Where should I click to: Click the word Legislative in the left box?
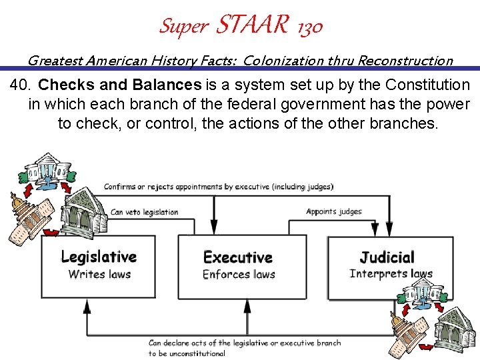click(x=99, y=257)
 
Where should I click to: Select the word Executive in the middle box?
click(x=237, y=257)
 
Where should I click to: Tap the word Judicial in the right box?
click(x=387, y=257)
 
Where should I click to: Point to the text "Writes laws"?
click(x=99, y=274)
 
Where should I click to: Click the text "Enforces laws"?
click(x=239, y=274)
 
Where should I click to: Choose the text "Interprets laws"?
click(x=391, y=273)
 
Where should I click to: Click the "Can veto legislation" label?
click(x=145, y=212)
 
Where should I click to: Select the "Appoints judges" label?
click(x=334, y=211)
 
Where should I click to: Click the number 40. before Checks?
click(x=22, y=85)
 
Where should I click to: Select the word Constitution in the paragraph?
click(x=429, y=85)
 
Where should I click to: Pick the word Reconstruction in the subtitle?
click(x=405, y=61)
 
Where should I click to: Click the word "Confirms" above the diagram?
click(x=119, y=187)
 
